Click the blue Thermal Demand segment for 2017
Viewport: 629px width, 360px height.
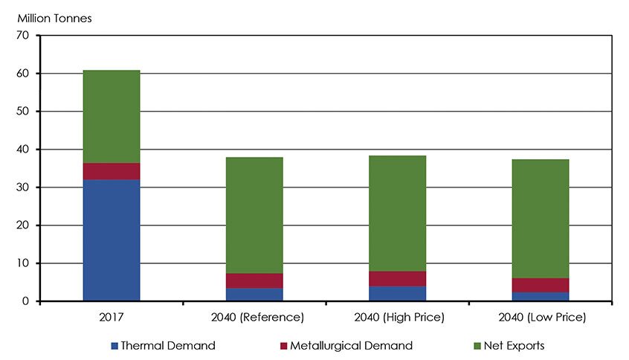click(x=111, y=240)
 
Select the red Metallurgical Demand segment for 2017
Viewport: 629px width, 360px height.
click(x=111, y=171)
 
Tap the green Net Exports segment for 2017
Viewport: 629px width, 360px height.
click(x=111, y=117)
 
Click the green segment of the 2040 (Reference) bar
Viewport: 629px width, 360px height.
click(x=254, y=215)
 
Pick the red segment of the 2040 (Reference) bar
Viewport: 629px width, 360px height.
click(x=254, y=280)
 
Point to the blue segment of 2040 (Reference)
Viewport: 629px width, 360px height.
click(x=254, y=295)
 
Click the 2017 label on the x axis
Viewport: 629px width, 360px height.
click(x=111, y=318)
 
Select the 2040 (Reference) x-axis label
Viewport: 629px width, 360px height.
click(x=254, y=318)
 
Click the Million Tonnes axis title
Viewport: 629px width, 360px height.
click(x=51, y=18)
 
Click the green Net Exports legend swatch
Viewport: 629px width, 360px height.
click(x=476, y=346)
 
